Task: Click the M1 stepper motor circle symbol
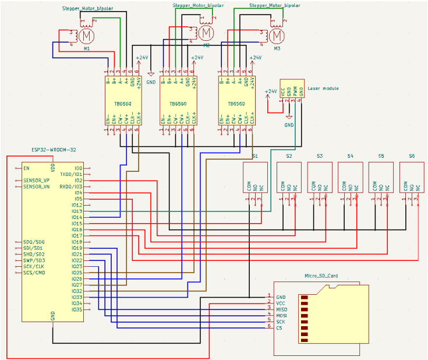[87, 36]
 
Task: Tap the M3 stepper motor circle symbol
[277, 36]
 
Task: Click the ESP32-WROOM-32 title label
[54, 150]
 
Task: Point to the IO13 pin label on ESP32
[77, 211]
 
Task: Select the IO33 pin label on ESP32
[77, 297]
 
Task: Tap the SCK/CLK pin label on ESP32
[34, 266]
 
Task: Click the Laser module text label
[323, 89]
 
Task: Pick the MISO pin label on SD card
[281, 309]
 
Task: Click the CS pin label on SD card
[278, 328]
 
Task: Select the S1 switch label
[255, 156]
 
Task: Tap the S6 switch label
[411, 156]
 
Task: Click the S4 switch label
[349, 156]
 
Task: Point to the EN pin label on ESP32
[27, 168]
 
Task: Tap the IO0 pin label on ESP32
[79, 168]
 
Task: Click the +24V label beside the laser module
[271, 91]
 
